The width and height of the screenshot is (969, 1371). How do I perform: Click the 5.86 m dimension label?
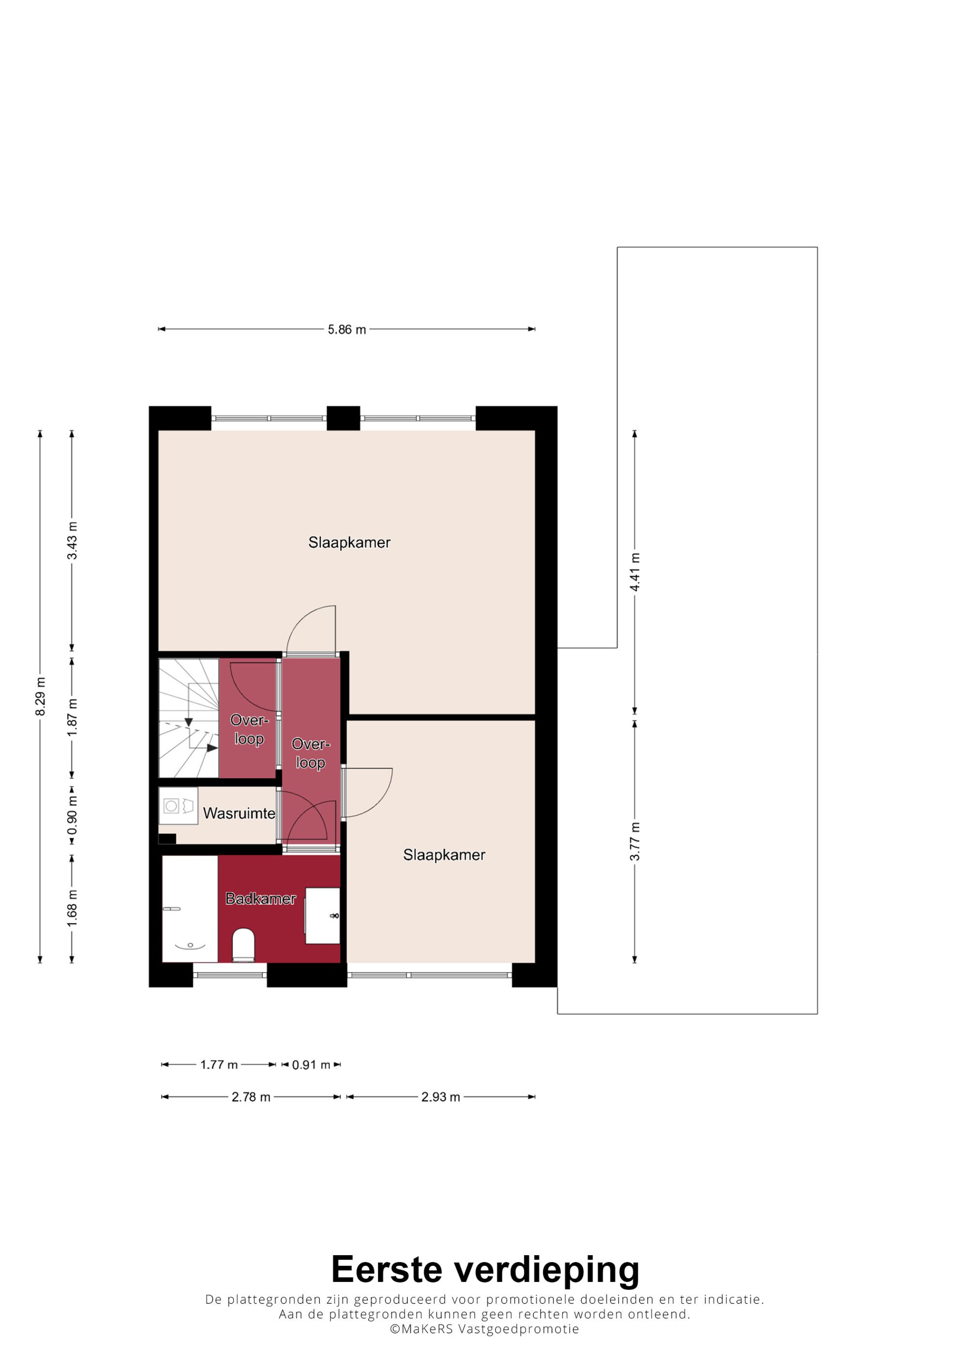[x=346, y=329]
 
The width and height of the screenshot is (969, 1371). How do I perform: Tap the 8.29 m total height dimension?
[x=40, y=696]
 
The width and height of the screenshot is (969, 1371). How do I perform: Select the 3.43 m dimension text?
[x=72, y=540]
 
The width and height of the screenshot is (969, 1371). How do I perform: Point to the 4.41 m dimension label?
[x=635, y=572]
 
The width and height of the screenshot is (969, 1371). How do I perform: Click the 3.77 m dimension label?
[x=635, y=841]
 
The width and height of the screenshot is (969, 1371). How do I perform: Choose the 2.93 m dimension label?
[x=440, y=1097]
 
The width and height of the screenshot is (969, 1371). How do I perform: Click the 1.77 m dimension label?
[x=219, y=1065]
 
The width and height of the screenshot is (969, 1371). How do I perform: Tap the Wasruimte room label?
[x=239, y=813]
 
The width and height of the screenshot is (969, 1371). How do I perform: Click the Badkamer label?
[x=260, y=899]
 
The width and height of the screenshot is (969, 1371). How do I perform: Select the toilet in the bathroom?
[x=243, y=945]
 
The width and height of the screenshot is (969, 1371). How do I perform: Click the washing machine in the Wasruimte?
[x=178, y=806]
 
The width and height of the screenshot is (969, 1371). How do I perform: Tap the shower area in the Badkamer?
[x=190, y=909]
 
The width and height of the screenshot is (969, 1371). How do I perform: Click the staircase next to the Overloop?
[x=188, y=718]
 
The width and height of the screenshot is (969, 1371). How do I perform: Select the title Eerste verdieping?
[x=485, y=1270]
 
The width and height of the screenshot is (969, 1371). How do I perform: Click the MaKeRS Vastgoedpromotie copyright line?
[x=484, y=1329]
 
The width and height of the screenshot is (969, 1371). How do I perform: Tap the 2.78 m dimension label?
[x=251, y=1097]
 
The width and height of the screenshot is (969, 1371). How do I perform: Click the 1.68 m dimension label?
[x=72, y=909]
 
